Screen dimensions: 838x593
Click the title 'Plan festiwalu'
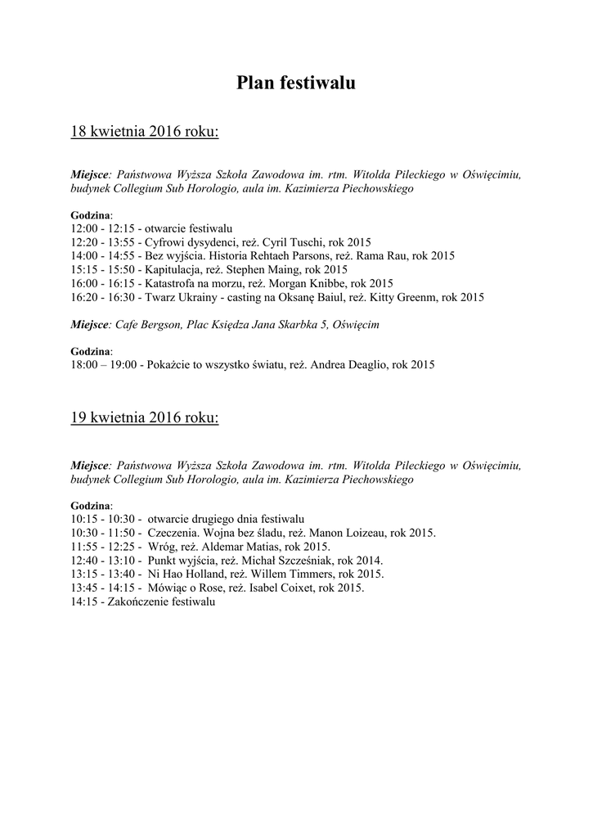[296, 83]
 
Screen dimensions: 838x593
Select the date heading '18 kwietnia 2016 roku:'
[145, 131]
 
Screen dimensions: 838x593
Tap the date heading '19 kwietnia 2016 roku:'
[145, 417]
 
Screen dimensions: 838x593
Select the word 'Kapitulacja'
[174, 269]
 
